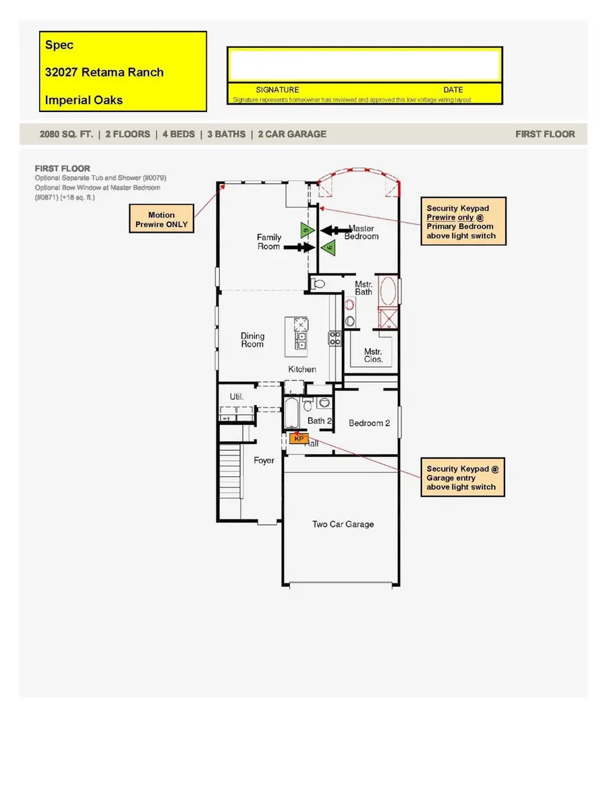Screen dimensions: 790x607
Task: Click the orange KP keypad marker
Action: pyautogui.click(x=299, y=438)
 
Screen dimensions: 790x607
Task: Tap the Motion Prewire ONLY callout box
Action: pyautogui.click(x=161, y=219)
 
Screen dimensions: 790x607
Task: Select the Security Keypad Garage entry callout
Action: pyautogui.click(x=463, y=478)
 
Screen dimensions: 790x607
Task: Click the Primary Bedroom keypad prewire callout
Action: pyautogui.click(x=463, y=221)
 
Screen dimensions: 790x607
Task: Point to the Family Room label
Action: pyautogui.click(x=268, y=242)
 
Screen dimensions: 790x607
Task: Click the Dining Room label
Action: pyautogui.click(x=253, y=340)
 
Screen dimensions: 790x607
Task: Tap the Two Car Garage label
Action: pyautogui.click(x=343, y=524)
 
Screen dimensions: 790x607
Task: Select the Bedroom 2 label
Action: pyautogui.click(x=369, y=424)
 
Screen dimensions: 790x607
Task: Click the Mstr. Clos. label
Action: pyautogui.click(x=373, y=356)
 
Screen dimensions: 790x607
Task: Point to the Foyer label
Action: pyautogui.click(x=264, y=461)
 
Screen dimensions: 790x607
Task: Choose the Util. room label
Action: pyautogui.click(x=236, y=397)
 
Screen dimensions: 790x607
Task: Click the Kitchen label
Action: pyautogui.click(x=302, y=369)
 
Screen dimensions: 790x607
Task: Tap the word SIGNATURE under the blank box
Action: pyautogui.click(x=277, y=90)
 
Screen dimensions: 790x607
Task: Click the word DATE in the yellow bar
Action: pyautogui.click(x=453, y=90)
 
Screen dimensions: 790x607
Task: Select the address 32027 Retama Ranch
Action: pyautogui.click(x=104, y=72)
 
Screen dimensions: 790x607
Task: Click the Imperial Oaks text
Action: pyautogui.click(x=84, y=100)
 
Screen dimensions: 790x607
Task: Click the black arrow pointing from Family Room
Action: pyautogui.click(x=297, y=248)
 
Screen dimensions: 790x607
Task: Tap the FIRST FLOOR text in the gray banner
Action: pyautogui.click(x=545, y=134)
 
